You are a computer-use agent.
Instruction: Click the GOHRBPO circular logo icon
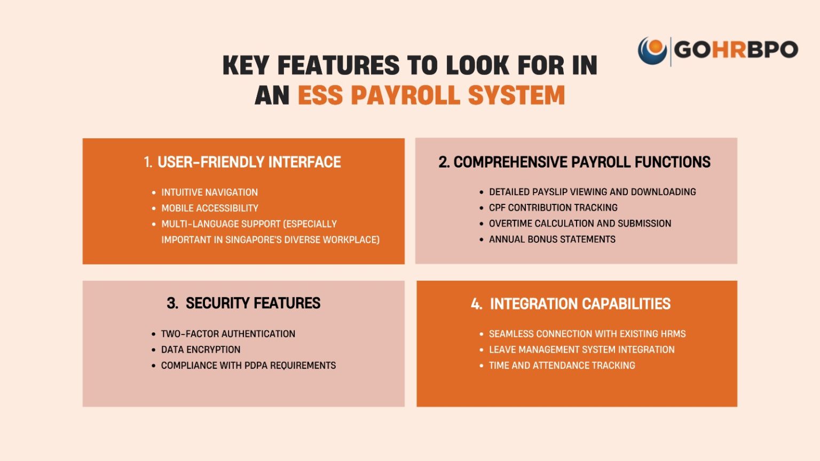652,51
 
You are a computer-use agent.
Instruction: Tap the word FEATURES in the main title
338,66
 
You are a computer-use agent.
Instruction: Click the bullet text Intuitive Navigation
209,192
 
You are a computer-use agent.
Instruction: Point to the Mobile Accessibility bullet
210,208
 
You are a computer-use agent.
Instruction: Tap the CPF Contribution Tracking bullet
553,208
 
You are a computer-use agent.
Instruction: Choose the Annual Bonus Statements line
552,239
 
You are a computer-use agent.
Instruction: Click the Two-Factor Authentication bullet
228,334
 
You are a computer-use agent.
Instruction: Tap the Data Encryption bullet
201,349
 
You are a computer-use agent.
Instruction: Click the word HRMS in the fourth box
673,334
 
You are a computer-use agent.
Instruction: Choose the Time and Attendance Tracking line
562,365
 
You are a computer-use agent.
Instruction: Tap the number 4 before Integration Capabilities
475,304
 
